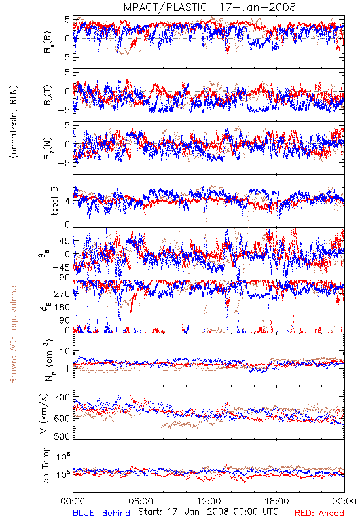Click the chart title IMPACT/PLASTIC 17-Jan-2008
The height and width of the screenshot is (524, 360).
tap(208, 7)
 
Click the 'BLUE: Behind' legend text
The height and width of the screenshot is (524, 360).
tap(101, 514)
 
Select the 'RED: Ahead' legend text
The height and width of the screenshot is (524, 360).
tap(319, 514)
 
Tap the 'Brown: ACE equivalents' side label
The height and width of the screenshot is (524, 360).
tap(13, 333)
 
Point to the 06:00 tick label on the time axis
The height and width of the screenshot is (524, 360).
tap(141, 501)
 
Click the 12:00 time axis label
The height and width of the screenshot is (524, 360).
tap(209, 501)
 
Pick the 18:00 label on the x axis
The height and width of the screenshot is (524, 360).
tap(277, 501)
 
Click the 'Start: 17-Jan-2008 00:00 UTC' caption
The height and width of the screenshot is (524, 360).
tap(208, 512)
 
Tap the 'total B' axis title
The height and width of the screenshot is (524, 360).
tap(54, 200)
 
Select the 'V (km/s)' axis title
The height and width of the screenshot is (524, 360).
tap(44, 413)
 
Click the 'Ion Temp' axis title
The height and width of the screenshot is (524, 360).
tap(45, 466)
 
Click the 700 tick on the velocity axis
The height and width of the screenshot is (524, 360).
tap(63, 398)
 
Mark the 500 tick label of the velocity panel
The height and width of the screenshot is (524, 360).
tap(63, 436)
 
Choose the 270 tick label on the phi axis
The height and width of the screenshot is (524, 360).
tap(63, 293)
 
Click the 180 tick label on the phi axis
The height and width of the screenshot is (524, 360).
tap(63, 307)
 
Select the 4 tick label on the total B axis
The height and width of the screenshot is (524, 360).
tap(68, 201)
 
